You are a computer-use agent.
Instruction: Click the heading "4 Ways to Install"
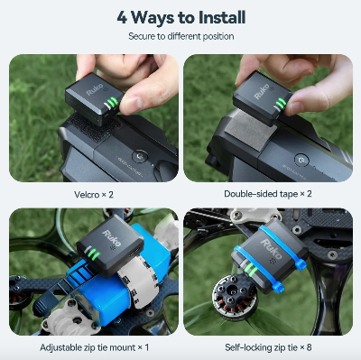click(181, 17)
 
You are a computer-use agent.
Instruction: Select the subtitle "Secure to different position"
click(181, 36)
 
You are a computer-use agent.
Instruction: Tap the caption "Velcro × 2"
click(94, 195)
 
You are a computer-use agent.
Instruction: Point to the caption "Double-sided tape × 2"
click(268, 194)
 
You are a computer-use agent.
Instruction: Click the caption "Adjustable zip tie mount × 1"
click(94, 347)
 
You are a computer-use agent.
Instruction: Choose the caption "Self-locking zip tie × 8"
click(268, 347)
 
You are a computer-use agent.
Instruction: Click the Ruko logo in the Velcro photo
click(94, 89)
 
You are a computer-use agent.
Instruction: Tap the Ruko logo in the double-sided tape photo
click(262, 91)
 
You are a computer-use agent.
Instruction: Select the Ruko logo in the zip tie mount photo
click(111, 238)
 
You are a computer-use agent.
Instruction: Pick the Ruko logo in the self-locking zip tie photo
click(271, 248)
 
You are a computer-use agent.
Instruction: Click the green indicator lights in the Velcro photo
click(110, 103)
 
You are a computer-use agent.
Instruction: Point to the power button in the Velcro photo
click(140, 156)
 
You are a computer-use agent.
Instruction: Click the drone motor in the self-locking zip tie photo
click(235, 296)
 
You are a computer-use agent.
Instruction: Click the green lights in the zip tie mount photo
click(92, 254)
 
